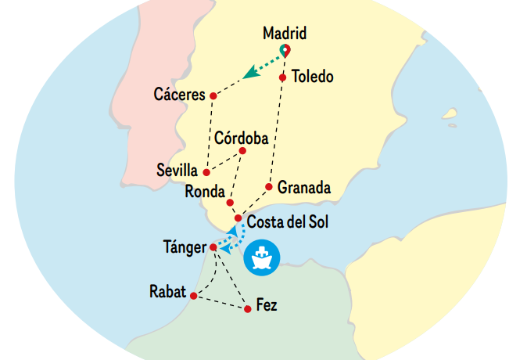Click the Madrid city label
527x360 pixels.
coord(285,34)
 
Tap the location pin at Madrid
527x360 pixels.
coord(285,51)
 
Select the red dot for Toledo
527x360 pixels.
coord(282,77)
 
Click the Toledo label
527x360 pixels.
coord(312,77)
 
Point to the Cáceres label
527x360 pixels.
coord(181,95)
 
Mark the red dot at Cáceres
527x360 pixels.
coord(213,95)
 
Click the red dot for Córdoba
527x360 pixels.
coord(242,151)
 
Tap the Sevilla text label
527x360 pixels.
coord(177,170)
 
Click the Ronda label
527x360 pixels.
coord(205,191)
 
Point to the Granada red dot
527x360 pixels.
coord(269,186)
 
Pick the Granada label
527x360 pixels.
coord(304,188)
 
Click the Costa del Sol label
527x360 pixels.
coord(288,222)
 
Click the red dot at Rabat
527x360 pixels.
coord(193,296)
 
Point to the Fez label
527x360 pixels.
coord(267,305)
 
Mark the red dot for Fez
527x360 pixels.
coord(248,309)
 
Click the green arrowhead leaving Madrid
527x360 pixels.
coord(249,74)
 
